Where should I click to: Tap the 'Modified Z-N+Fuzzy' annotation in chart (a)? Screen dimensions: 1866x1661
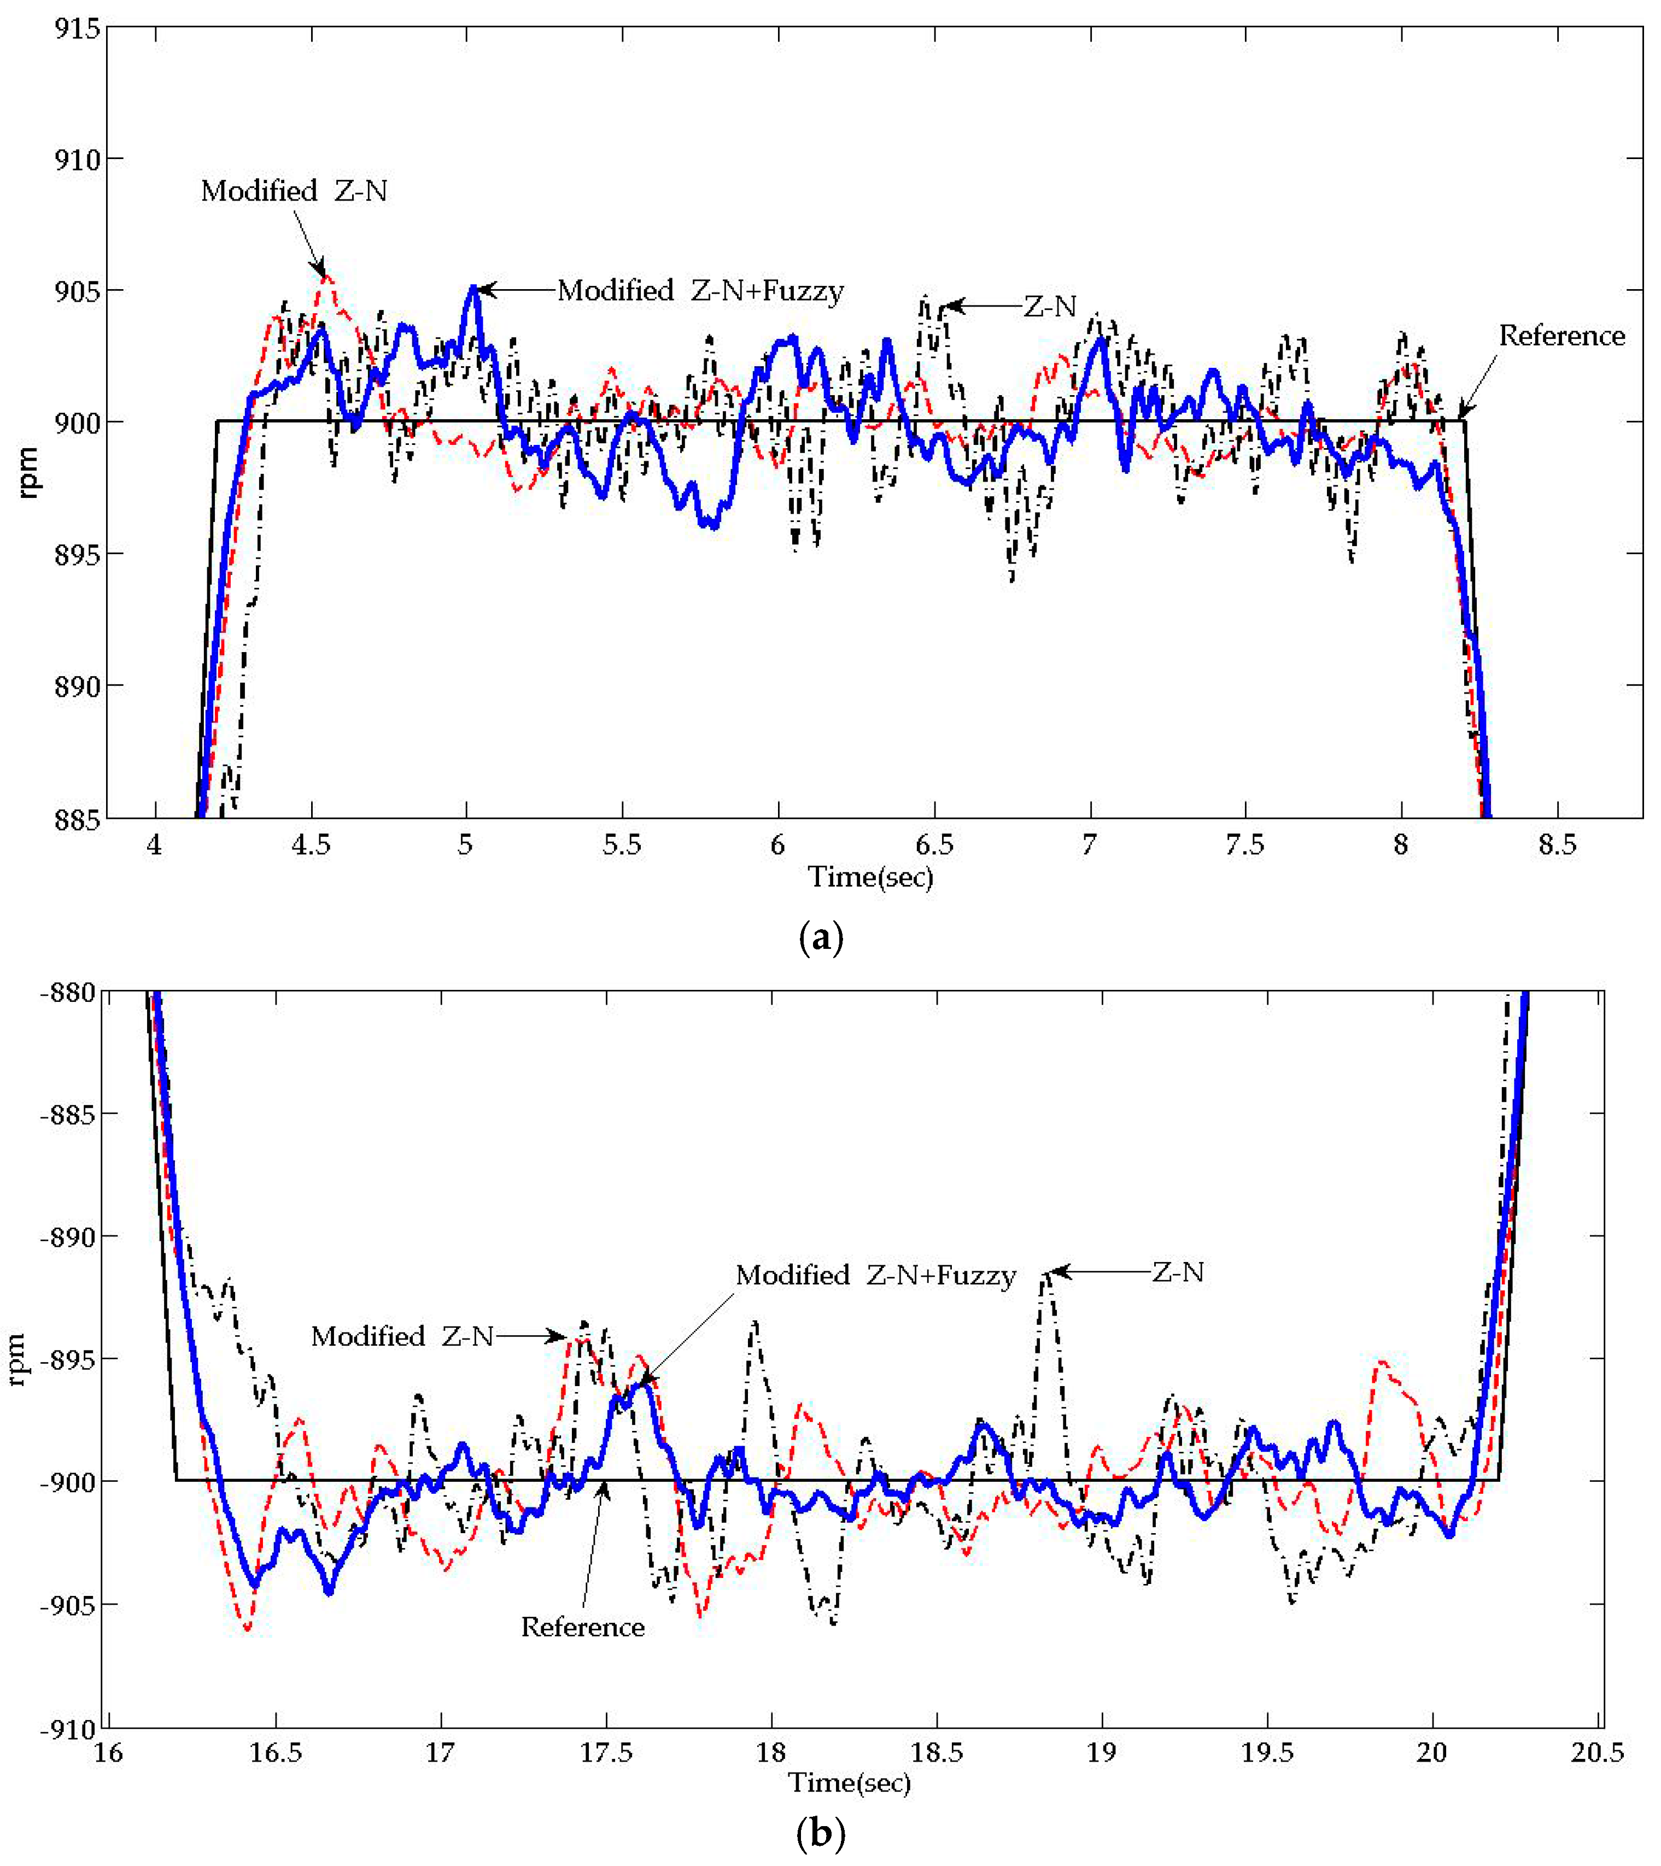700,291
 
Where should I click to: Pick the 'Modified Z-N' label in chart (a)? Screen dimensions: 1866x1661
294,191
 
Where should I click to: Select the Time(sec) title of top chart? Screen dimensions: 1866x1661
870,877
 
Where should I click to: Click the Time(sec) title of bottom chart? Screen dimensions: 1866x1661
849,1782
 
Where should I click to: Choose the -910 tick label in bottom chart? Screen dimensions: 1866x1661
68,1729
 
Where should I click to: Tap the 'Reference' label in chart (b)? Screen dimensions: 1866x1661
583,1627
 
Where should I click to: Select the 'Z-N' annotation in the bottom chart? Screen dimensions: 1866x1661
1177,1272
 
